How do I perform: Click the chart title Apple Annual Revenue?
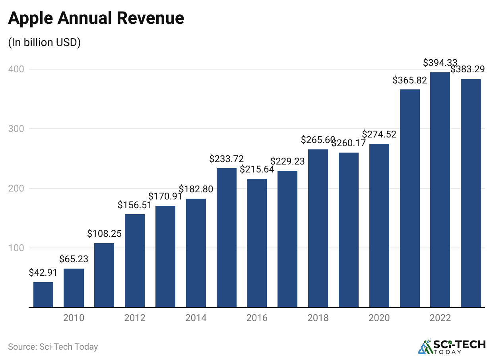pos(96,19)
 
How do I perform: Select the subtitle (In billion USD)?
pos(44,43)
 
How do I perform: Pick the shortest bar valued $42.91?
pos(43,294)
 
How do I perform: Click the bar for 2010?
pos(74,288)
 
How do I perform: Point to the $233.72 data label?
pos(226,159)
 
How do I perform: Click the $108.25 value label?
pos(104,234)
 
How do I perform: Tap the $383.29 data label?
pos(468,70)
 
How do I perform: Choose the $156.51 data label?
pos(134,205)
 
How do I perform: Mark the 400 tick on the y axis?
pos(16,69)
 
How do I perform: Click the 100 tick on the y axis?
pos(16,248)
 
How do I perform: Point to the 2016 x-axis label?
pos(257,318)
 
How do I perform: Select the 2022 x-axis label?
pos(440,318)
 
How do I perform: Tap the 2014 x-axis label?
pos(196,318)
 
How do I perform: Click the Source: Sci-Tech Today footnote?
pos(53,346)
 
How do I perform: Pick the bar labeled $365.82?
pos(410,198)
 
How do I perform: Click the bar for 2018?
pos(318,228)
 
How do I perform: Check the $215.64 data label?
pos(257,169)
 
